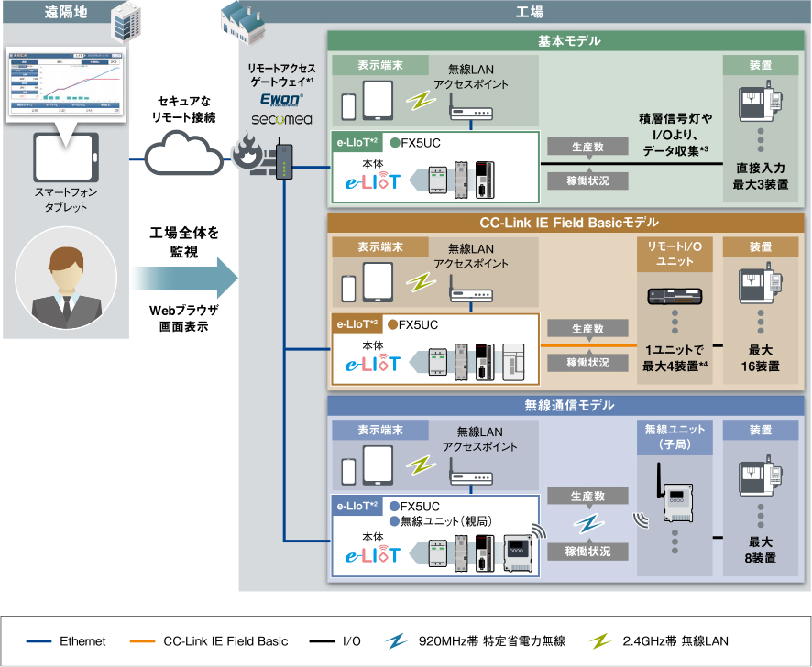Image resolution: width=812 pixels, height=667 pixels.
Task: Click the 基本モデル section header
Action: tap(568, 41)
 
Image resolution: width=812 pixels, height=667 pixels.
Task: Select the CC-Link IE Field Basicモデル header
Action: tap(568, 223)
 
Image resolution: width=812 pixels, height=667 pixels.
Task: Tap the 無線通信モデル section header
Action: tap(568, 405)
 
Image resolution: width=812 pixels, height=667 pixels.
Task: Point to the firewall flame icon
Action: tap(249, 154)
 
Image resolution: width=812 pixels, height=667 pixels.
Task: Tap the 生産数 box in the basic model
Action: tap(587, 147)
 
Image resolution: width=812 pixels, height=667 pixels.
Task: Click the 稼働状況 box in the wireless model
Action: tap(587, 552)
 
